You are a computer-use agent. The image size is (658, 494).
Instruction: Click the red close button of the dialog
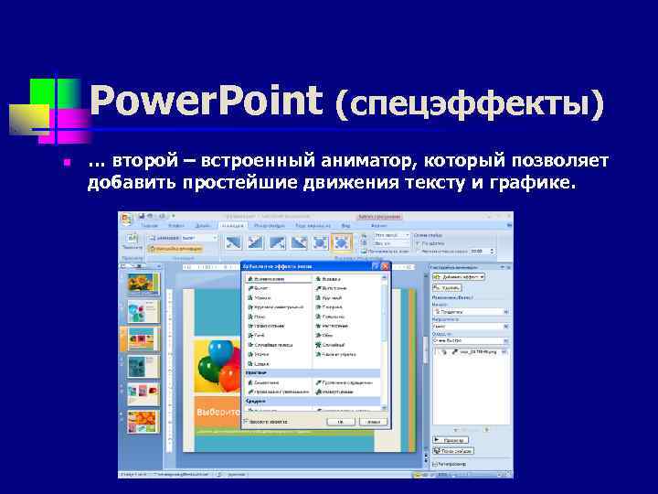(386, 266)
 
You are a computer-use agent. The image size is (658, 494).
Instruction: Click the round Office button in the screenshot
(126, 220)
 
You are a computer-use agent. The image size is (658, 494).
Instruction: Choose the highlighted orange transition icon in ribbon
(341, 242)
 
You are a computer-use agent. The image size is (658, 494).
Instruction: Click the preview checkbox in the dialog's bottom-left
(249, 423)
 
